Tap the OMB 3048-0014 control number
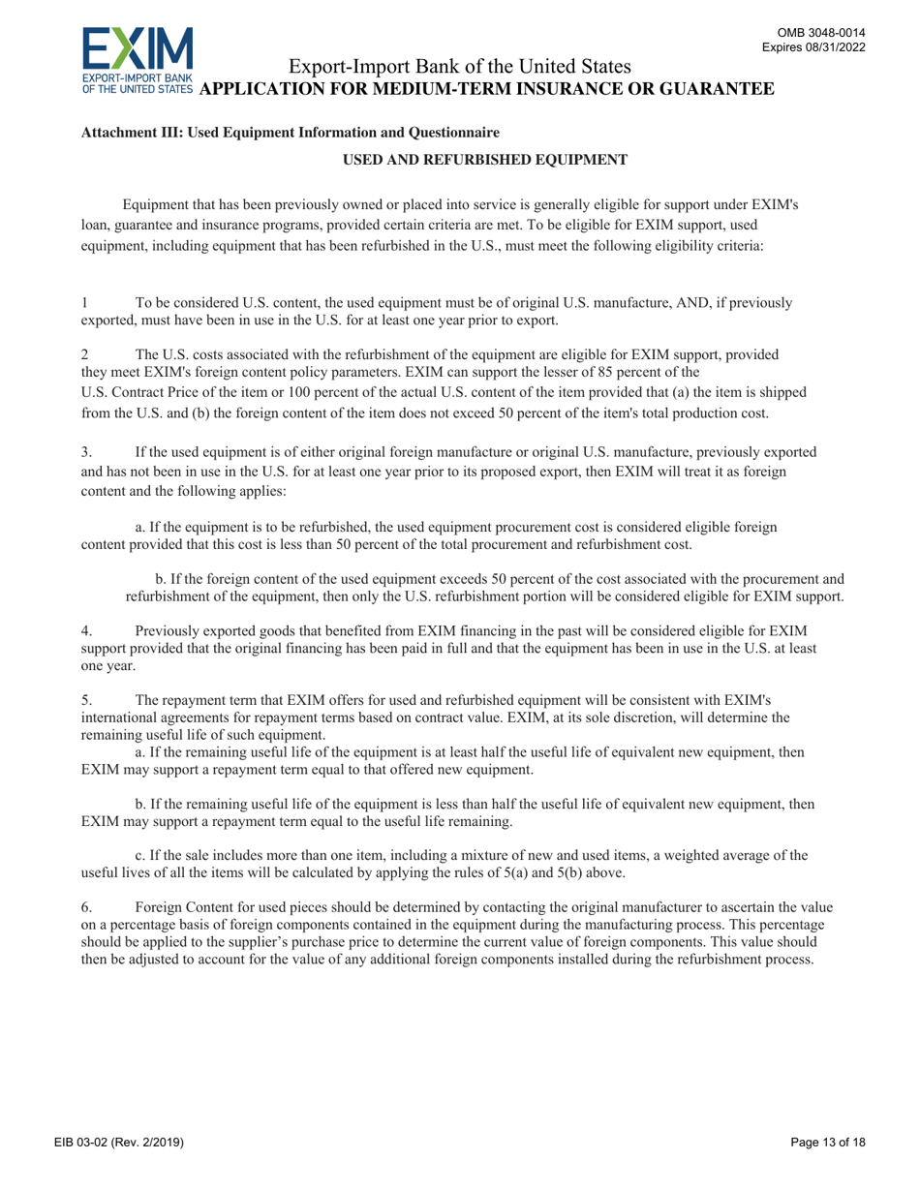pyautogui.click(x=831, y=32)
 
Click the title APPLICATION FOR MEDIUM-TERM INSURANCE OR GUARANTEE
pyautogui.click(x=492, y=89)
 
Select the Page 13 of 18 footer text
pyautogui.click(x=827, y=1144)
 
